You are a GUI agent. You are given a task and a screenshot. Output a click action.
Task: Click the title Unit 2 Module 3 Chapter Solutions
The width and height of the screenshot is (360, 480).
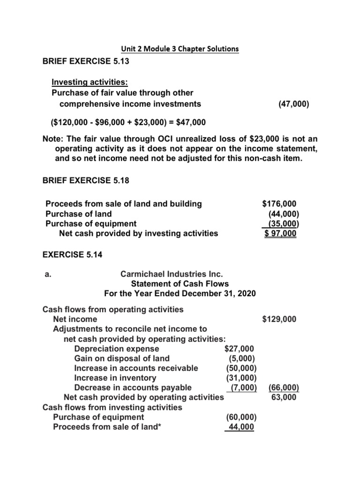180,49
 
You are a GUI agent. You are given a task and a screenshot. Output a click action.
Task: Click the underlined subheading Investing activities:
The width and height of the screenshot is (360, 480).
87,82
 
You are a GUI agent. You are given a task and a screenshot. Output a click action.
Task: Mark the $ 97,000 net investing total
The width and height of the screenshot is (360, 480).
280,233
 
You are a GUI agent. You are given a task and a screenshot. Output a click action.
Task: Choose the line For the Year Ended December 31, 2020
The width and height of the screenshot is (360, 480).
180,294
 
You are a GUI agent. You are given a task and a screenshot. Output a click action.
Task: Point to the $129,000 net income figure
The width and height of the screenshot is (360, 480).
279,319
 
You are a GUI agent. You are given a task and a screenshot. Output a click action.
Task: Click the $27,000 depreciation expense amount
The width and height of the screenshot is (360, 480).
239,348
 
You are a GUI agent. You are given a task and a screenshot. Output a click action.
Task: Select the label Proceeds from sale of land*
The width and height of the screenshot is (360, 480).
104,427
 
